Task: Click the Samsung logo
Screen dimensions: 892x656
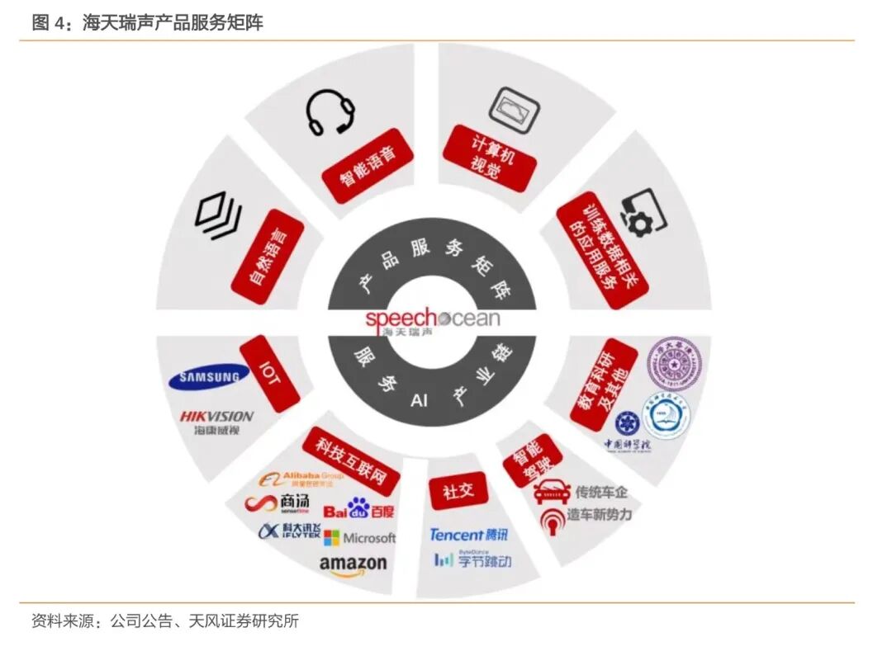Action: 209,378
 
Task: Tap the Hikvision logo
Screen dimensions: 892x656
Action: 216,422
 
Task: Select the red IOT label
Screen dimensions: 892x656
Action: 269,373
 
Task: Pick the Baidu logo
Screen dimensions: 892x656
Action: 358,508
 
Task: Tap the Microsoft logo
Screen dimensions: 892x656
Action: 359,538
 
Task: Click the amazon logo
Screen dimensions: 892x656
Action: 353,564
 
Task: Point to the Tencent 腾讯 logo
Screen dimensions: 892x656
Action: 468,535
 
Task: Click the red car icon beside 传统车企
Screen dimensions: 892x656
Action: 552,493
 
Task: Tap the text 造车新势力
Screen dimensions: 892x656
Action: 599,515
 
